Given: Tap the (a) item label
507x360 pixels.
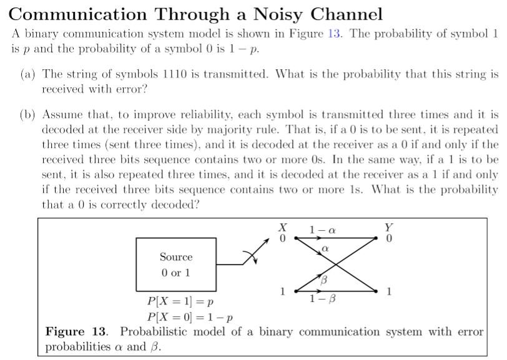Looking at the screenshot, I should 27,74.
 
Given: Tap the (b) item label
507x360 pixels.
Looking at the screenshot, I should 27,115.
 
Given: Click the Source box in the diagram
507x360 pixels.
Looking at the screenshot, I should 175,265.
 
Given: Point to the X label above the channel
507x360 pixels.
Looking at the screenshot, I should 282,228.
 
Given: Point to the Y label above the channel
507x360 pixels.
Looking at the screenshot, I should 389,228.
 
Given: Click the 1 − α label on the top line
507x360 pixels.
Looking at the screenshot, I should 323,230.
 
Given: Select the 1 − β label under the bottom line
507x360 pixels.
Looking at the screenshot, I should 323,299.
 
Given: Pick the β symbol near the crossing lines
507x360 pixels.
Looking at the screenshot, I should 323,281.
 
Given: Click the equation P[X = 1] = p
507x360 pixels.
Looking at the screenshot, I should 180,303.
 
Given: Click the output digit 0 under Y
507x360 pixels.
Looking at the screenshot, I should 389,239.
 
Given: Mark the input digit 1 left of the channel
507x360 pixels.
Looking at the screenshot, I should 283,291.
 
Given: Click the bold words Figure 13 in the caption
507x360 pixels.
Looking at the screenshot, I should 77,331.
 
